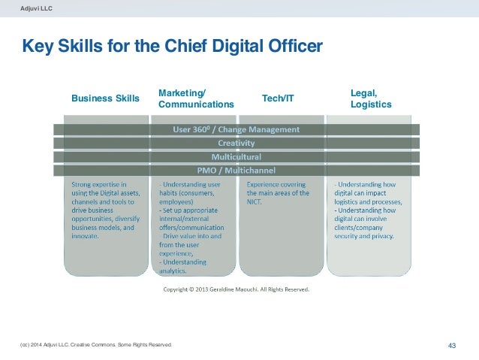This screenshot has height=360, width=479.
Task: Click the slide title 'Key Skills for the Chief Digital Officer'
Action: (173, 47)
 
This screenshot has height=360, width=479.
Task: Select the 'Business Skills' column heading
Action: (105, 98)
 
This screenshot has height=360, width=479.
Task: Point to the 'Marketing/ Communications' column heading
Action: (196, 98)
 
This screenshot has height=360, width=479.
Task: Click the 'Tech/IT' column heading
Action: (278, 98)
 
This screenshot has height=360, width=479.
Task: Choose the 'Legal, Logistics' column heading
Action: (371, 98)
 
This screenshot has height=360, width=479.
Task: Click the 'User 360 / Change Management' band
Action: (236, 129)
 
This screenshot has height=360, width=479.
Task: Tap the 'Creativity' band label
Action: (236, 143)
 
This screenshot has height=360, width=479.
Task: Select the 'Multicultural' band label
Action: (236, 157)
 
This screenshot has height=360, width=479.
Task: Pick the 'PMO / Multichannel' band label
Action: (236, 171)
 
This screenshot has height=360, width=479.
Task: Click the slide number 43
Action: (452, 345)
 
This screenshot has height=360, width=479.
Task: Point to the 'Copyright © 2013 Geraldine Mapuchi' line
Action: (236, 288)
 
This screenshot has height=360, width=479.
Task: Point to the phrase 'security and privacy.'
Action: (363, 235)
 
